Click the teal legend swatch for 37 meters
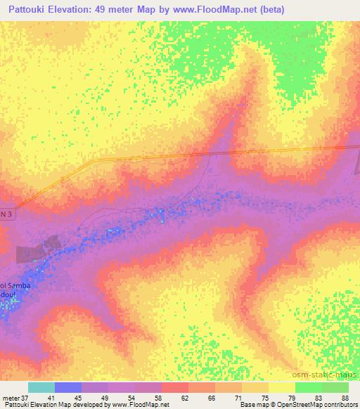click(x=41, y=387)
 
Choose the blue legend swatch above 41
click(x=68, y=387)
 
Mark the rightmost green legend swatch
click(x=335, y=387)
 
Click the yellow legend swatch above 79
click(x=282, y=387)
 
